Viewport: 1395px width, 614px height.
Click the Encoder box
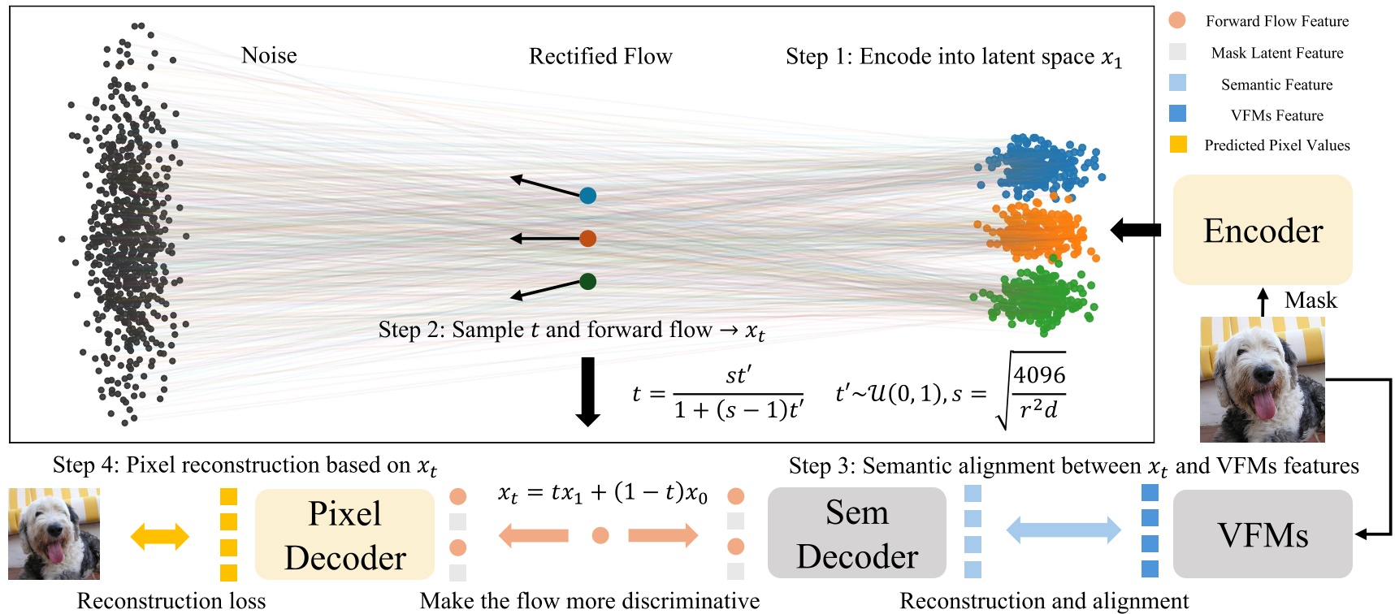click(x=1262, y=231)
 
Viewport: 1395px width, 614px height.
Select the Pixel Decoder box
click(x=344, y=534)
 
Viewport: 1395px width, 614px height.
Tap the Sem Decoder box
click(x=856, y=534)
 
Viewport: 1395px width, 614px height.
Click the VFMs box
click(x=1262, y=534)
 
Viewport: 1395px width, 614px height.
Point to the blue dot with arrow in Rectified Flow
click(x=587, y=195)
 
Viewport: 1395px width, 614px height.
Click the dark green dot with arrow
click(x=588, y=281)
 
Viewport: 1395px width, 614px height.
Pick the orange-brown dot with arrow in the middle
click(x=587, y=238)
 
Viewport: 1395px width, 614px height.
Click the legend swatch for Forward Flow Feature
click(x=1176, y=20)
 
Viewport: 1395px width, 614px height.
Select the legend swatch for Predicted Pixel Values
click(x=1177, y=145)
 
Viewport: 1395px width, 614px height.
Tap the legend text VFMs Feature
click(x=1276, y=115)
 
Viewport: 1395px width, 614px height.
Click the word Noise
click(x=269, y=55)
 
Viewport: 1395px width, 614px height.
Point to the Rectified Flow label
click(x=600, y=56)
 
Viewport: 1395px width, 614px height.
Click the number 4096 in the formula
click(x=1039, y=375)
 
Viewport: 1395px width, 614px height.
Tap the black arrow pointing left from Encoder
click(x=1136, y=231)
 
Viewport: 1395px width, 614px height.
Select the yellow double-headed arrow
click(x=159, y=535)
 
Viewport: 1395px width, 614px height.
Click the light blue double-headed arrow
click(x=1063, y=531)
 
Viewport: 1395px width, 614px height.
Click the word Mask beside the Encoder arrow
click(x=1310, y=301)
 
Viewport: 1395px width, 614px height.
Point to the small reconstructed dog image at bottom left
click(x=54, y=534)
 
